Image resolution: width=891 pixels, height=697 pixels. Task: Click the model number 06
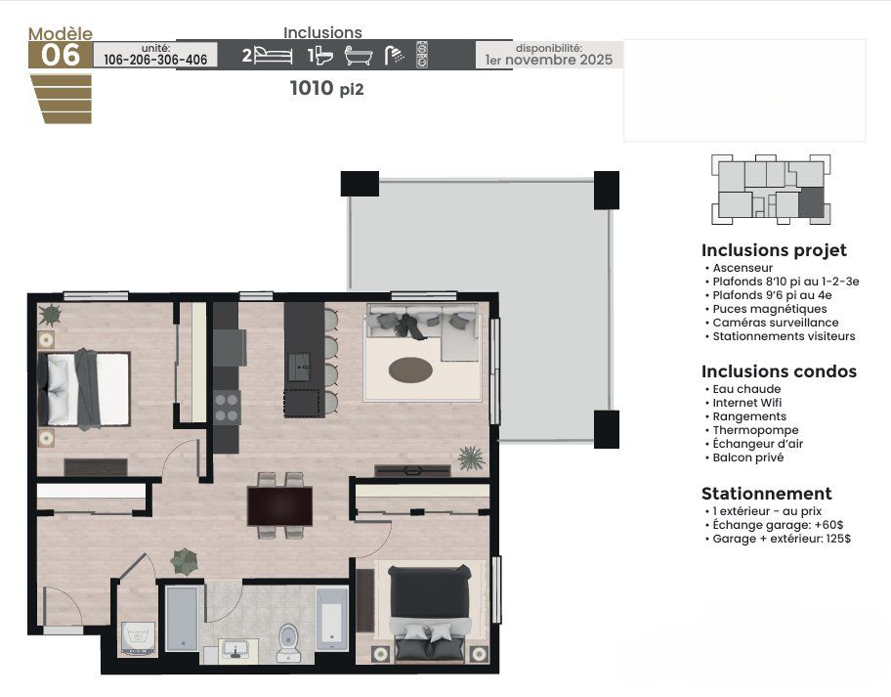(x=61, y=55)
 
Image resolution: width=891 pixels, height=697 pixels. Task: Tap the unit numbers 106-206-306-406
(x=155, y=60)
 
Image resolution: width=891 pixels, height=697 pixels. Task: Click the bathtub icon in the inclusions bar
(x=359, y=56)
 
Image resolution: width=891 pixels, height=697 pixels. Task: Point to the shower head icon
(x=395, y=55)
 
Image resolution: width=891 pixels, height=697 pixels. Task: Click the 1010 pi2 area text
(x=326, y=88)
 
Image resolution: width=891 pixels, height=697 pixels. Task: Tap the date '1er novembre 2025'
(x=549, y=60)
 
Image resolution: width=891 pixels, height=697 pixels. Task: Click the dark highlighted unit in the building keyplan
(x=811, y=201)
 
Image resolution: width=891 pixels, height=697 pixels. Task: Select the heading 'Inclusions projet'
(x=774, y=250)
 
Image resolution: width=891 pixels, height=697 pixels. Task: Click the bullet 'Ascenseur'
(x=742, y=268)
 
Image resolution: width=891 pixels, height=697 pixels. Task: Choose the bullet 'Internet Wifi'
(x=746, y=403)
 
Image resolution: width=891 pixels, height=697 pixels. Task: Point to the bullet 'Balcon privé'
(x=747, y=457)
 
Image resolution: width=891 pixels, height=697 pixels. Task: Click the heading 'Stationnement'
(x=767, y=493)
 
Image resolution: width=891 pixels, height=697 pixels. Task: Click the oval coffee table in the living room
(x=410, y=370)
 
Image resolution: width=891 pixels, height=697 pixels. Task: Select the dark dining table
(x=279, y=506)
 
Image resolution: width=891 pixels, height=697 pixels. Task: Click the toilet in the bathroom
(x=288, y=642)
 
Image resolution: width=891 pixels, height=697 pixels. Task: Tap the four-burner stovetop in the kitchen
(x=226, y=408)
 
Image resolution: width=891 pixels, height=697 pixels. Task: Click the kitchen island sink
(x=300, y=367)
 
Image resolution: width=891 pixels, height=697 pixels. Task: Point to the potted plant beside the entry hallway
(x=185, y=561)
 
